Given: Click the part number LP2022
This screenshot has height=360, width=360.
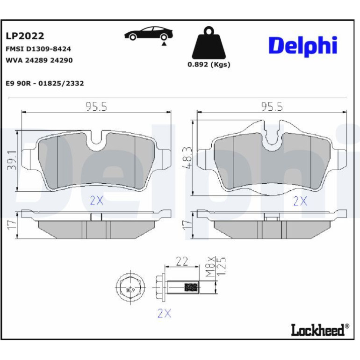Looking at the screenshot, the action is pyautogui.click(x=25, y=36).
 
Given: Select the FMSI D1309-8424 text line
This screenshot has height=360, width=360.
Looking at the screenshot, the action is pyautogui.click(x=38, y=49).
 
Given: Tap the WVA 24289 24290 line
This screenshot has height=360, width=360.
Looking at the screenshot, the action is pyautogui.click(x=39, y=60).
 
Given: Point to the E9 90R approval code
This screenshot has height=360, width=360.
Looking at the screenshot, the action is pyautogui.click(x=45, y=83).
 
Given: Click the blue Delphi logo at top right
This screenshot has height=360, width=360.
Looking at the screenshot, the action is pyautogui.click(x=303, y=46).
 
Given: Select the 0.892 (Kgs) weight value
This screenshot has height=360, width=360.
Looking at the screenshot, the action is pyautogui.click(x=209, y=65).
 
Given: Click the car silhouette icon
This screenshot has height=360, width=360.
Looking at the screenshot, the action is pyautogui.click(x=149, y=34).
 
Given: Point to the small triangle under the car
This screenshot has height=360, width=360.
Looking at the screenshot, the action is pyautogui.click(x=164, y=43).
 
